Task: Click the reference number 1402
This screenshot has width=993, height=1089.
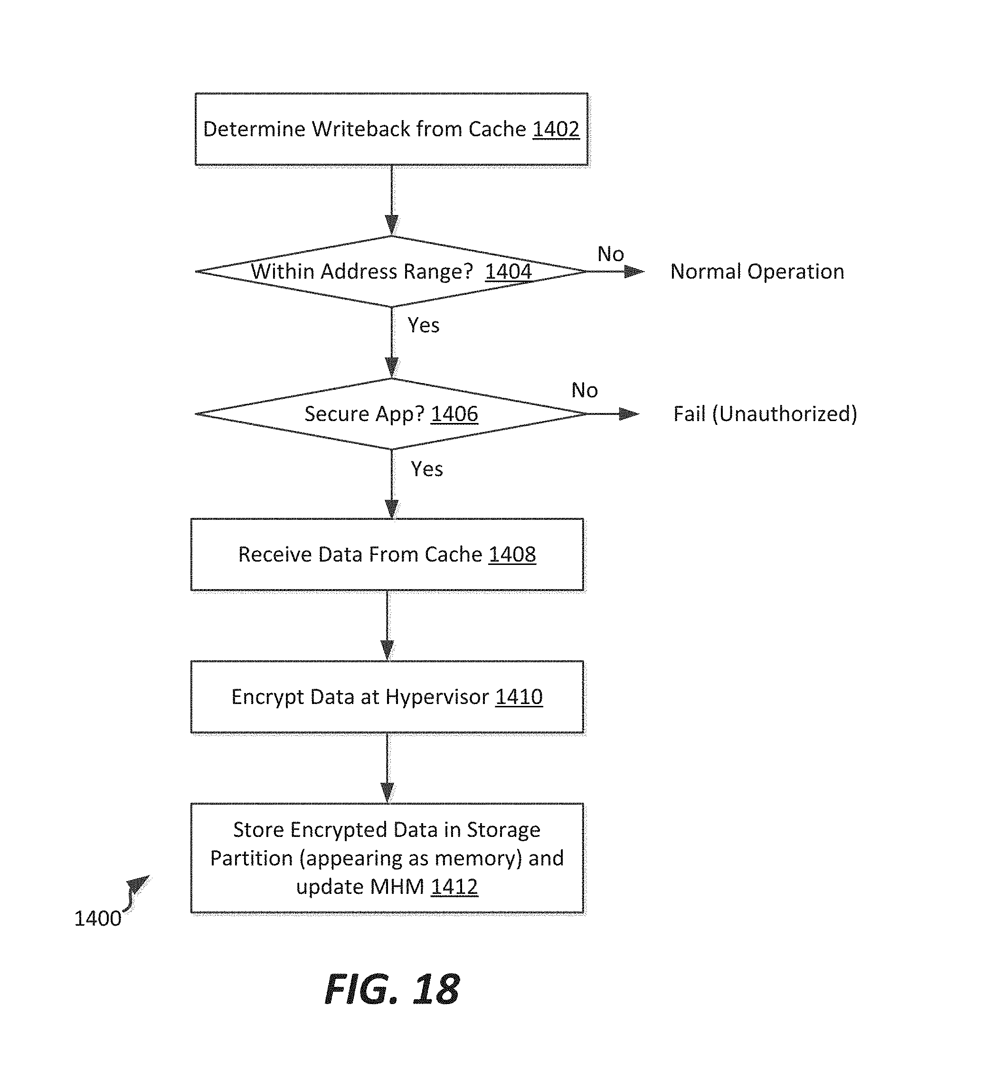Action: coord(556,130)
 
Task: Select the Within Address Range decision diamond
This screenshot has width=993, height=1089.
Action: coord(391,272)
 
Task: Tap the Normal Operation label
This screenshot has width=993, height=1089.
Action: coord(757,272)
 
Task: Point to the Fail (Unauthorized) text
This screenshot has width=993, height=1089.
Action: coord(765,414)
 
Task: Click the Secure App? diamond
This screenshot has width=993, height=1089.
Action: coord(391,414)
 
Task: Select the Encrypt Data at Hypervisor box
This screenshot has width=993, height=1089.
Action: coord(387,697)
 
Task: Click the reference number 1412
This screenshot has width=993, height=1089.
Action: coord(454,887)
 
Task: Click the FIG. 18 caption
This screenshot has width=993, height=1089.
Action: coord(392,990)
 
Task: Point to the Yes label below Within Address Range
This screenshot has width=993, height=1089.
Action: coord(424,326)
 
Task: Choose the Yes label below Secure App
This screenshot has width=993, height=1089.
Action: coord(427,469)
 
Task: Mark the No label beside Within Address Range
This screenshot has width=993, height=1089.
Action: coord(611,254)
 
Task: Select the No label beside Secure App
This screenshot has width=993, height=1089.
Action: coord(585,391)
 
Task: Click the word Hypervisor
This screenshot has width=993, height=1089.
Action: coord(437,697)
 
